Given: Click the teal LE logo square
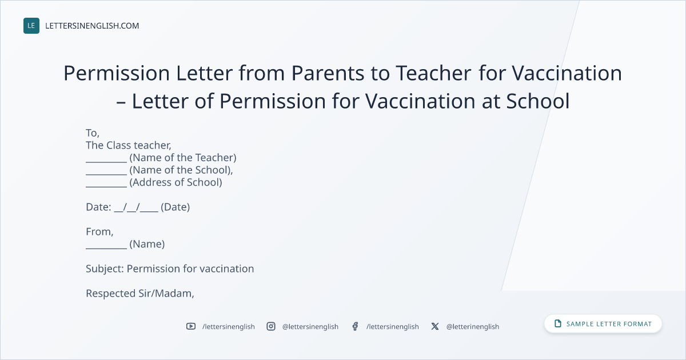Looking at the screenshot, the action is click(x=31, y=26).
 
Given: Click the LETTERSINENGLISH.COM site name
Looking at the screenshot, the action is click(x=92, y=26).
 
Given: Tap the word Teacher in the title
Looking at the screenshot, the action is click(x=434, y=73).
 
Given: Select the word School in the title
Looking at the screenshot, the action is click(x=538, y=101).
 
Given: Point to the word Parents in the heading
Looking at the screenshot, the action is click(x=328, y=73).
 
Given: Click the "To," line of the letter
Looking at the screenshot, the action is click(x=93, y=133).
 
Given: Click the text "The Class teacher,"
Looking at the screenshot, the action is click(x=128, y=145).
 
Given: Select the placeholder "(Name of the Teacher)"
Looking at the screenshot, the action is click(x=183, y=158).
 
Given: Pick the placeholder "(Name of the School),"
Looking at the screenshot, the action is click(x=181, y=170).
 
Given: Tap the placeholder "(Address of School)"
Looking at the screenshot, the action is click(x=176, y=182).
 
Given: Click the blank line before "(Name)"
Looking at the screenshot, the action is click(x=106, y=248).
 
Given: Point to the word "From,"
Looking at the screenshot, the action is click(x=99, y=232).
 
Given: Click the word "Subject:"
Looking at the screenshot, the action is click(x=105, y=269).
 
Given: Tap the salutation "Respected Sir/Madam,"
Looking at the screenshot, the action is click(x=140, y=294).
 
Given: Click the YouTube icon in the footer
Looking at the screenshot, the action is click(x=191, y=326).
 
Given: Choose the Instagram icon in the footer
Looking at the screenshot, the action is click(x=271, y=326).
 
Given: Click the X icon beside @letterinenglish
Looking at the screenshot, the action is click(x=435, y=326).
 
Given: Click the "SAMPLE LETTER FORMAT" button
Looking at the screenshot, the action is click(x=603, y=324).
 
